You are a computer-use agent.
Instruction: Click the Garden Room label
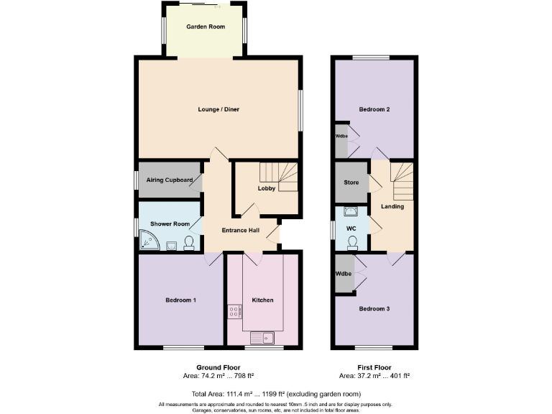coord(206,27)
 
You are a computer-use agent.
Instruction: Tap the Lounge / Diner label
coord(218,110)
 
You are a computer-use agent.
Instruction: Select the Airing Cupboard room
coord(170,180)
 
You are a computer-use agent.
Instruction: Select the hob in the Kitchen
coord(234,311)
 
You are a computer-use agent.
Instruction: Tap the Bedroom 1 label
coord(180,300)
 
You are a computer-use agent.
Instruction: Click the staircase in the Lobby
coord(280,176)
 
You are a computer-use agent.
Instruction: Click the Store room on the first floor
coord(351,183)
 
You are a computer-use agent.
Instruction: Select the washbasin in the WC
coord(351,211)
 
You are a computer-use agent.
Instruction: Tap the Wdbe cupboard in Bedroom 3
coord(344,275)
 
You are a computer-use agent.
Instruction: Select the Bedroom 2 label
coord(374,110)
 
